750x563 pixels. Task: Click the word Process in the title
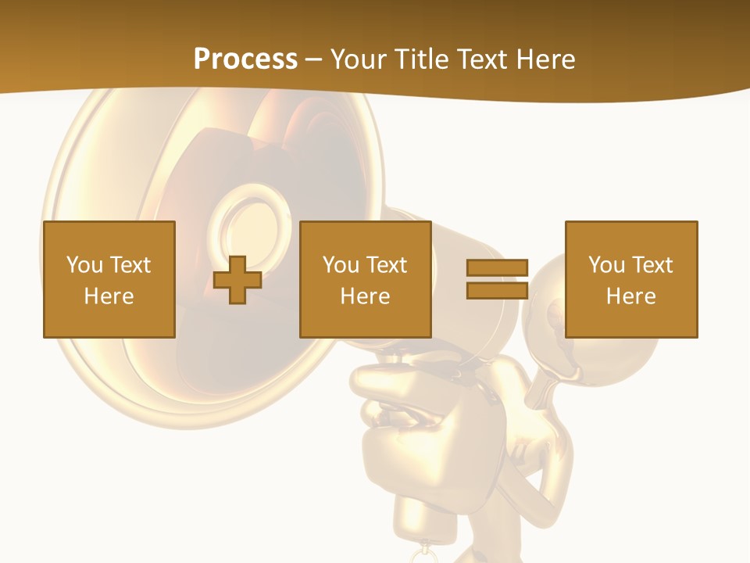[245, 59]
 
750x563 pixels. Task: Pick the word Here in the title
[546, 59]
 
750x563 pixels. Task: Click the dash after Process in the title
[312, 60]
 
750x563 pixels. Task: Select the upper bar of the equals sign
[497, 267]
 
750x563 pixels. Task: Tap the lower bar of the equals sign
[497, 290]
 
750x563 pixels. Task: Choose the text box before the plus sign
[109, 279]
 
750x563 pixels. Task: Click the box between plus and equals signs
[365, 279]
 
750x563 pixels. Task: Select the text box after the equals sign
[630, 279]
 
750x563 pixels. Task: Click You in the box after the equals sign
[606, 265]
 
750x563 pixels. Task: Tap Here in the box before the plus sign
[109, 296]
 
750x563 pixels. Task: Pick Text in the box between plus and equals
[387, 265]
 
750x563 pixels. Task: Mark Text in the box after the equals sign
[653, 265]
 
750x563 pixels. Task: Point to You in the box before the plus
[84, 265]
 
